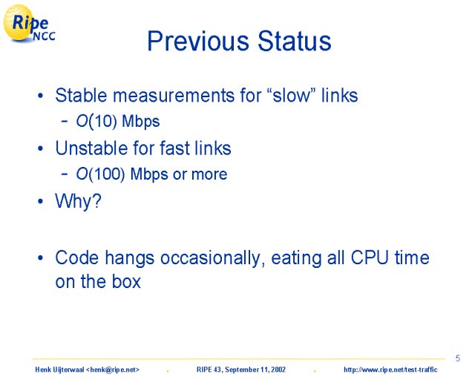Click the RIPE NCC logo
click(x=29, y=23)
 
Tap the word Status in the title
click(x=295, y=41)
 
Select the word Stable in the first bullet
click(x=81, y=95)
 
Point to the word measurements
click(x=174, y=96)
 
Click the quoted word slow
click(x=292, y=96)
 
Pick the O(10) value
click(x=96, y=121)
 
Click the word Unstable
click(x=92, y=148)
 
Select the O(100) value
click(x=100, y=174)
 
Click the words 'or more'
click(x=200, y=174)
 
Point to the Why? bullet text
click(x=78, y=200)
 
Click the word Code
click(x=77, y=258)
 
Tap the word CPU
click(x=370, y=258)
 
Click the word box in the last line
click(x=126, y=281)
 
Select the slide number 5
click(x=458, y=358)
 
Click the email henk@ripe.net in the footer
click(x=112, y=370)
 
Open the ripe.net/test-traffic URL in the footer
click(x=390, y=370)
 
